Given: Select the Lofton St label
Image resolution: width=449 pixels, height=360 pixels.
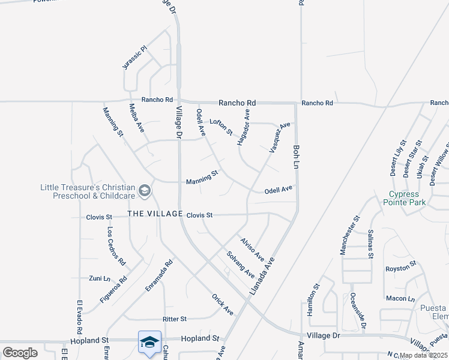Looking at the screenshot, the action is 220,126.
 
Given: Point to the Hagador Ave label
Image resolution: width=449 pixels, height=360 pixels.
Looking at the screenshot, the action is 243,127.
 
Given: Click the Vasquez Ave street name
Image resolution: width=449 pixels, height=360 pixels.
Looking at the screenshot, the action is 280,137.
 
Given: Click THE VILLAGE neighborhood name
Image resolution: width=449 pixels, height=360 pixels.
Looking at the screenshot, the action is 154,214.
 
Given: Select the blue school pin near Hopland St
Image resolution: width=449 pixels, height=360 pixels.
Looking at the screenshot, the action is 149,342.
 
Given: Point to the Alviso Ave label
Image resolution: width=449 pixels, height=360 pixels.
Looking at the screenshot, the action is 252,248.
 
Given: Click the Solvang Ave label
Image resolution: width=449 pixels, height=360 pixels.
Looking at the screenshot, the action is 240,264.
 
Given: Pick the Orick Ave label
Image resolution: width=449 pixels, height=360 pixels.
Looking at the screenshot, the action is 222,304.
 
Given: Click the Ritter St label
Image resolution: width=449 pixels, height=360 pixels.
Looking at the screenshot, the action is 175,319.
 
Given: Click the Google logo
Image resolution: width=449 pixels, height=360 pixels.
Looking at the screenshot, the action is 20,352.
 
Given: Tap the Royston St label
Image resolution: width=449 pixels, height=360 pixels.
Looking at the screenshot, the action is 401,268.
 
